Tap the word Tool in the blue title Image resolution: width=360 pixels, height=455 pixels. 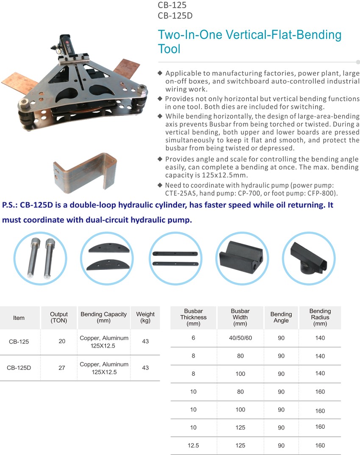tap(169, 49)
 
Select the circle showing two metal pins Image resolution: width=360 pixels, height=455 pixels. tap(40, 258)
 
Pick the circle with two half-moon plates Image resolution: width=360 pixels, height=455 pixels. tap(107, 258)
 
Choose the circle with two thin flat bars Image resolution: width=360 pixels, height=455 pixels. tap(174, 258)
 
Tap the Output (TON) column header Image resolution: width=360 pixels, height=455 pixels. tap(59, 317)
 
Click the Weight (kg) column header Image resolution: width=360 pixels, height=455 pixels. tap(145, 317)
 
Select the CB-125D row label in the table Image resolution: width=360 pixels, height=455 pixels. tap(19, 368)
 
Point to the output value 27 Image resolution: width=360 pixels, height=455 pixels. tap(62, 368)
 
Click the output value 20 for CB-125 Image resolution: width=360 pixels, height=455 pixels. tap(62, 341)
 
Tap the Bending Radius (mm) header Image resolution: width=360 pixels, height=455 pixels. tap(320, 317)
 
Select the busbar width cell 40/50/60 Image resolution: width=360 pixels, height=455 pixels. tap(240, 338)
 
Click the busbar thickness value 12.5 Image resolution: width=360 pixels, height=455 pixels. tap(193, 445)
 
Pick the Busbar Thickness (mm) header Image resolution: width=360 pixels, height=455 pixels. tap(193, 317)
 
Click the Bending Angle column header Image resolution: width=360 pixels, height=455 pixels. tap(281, 317)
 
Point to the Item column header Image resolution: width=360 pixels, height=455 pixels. tap(19, 318)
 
